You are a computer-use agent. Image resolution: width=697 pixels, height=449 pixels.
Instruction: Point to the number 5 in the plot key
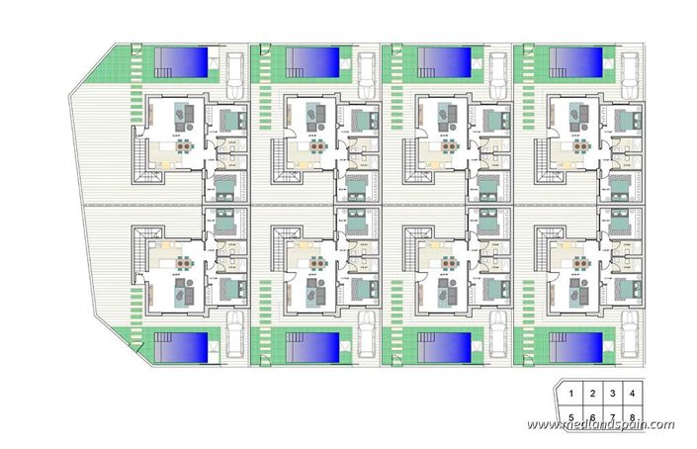[x=571, y=416]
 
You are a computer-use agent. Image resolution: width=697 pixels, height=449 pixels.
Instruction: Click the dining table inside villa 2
[x=317, y=145]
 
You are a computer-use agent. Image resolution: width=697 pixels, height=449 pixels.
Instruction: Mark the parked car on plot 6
[x=366, y=334]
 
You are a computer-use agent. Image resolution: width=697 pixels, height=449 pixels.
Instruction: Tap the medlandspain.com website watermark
[x=600, y=424]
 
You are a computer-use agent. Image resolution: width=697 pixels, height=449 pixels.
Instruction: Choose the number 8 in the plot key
[x=630, y=416]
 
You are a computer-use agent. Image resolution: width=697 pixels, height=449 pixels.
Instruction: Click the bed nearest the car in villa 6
[x=358, y=288]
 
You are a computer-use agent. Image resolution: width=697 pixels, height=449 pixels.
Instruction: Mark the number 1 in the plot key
[x=571, y=395]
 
